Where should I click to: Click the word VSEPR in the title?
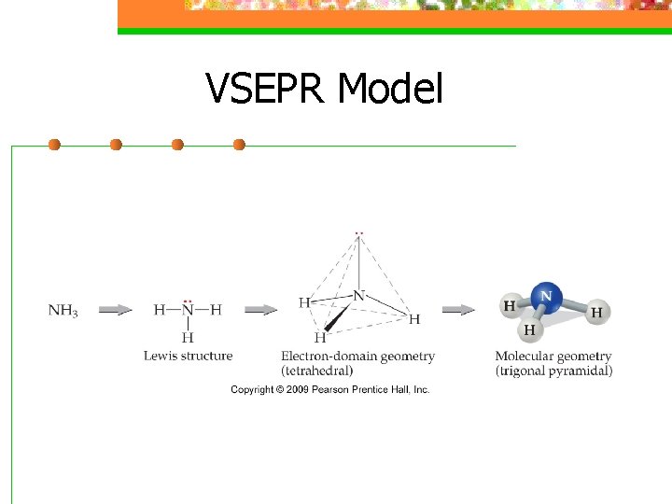[x=266, y=89]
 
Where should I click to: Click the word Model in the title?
[x=390, y=89]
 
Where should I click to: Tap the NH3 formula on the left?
[x=63, y=310]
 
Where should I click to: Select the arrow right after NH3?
[x=115, y=310]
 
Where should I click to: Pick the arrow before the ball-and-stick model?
[x=458, y=310]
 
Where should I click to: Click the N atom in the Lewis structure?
[x=188, y=309]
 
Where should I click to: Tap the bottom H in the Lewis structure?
[x=188, y=337]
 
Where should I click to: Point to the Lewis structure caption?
[x=188, y=356]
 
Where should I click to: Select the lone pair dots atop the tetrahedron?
[x=359, y=233]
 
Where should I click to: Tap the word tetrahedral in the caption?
[x=317, y=371]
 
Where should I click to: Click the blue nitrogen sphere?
[x=546, y=298]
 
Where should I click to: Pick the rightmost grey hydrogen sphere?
[x=596, y=313]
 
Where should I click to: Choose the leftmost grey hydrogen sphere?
[x=511, y=305]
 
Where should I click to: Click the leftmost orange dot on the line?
[x=54, y=145]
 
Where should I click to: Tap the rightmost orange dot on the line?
[x=239, y=145]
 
